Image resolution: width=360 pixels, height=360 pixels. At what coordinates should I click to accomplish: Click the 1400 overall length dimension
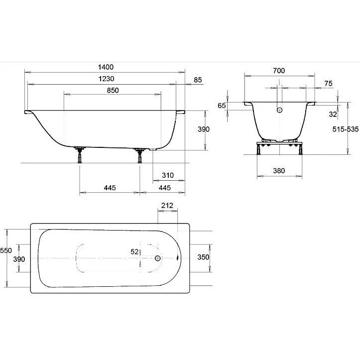pos(106,67)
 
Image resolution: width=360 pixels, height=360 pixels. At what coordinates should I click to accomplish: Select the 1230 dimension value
pos(106,79)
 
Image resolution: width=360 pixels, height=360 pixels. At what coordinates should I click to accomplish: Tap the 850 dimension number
pos(113,90)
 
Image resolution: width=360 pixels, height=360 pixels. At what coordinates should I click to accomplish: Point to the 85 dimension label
pos(198,80)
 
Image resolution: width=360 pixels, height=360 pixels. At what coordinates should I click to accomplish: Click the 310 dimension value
pos(168,175)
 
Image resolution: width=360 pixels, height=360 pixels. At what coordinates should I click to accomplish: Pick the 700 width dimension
pos(279,71)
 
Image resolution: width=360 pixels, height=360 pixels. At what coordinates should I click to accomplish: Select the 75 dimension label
pos(328,84)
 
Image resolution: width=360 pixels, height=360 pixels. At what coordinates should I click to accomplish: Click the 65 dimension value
pos(222,106)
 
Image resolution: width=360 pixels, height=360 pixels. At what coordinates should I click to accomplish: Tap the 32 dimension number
pos(333,114)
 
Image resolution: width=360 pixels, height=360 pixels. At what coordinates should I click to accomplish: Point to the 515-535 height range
pos(346,129)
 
